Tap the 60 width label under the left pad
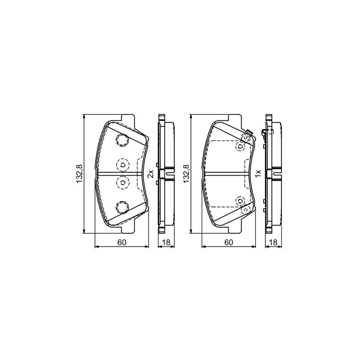click(x=122, y=242)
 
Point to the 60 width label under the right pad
click(x=228, y=242)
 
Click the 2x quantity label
click(x=150, y=174)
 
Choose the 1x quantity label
click(x=258, y=174)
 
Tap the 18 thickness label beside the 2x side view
click(x=166, y=242)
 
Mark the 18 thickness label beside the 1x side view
click(x=274, y=242)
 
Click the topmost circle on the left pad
click(x=122, y=140)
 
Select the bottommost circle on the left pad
click(x=122, y=207)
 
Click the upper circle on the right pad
click(x=240, y=146)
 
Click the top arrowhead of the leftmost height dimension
click(x=84, y=116)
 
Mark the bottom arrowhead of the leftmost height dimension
click(x=84, y=231)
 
